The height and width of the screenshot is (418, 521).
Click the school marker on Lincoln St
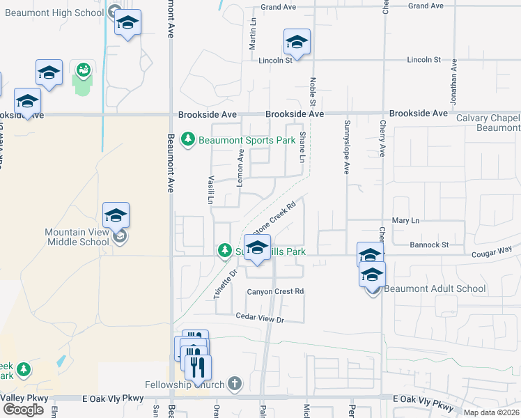pyautogui.click(x=297, y=42)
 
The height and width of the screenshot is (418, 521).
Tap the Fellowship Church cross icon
pyautogui.click(x=235, y=384)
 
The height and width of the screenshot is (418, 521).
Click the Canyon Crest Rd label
pyautogui.click(x=277, y=291)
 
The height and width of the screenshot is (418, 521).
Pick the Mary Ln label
pyautogui.click(x=406, y=221)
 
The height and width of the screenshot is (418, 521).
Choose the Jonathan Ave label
pyautogui.click(x=453, y=82)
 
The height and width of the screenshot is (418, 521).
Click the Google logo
pyautogui.click(x=23, y=410)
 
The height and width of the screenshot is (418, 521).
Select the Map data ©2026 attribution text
pyautogui.click(x=490, y=412)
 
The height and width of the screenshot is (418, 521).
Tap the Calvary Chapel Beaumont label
pyautogui.click(x=488, y=123)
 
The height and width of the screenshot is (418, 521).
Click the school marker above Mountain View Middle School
pyautogui.click(x=116, y=215)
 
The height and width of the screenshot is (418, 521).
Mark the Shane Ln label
pyautogui.click(x=302, y=148)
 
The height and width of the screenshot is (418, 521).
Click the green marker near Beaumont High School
pyautogui.click(x=83, y=70)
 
